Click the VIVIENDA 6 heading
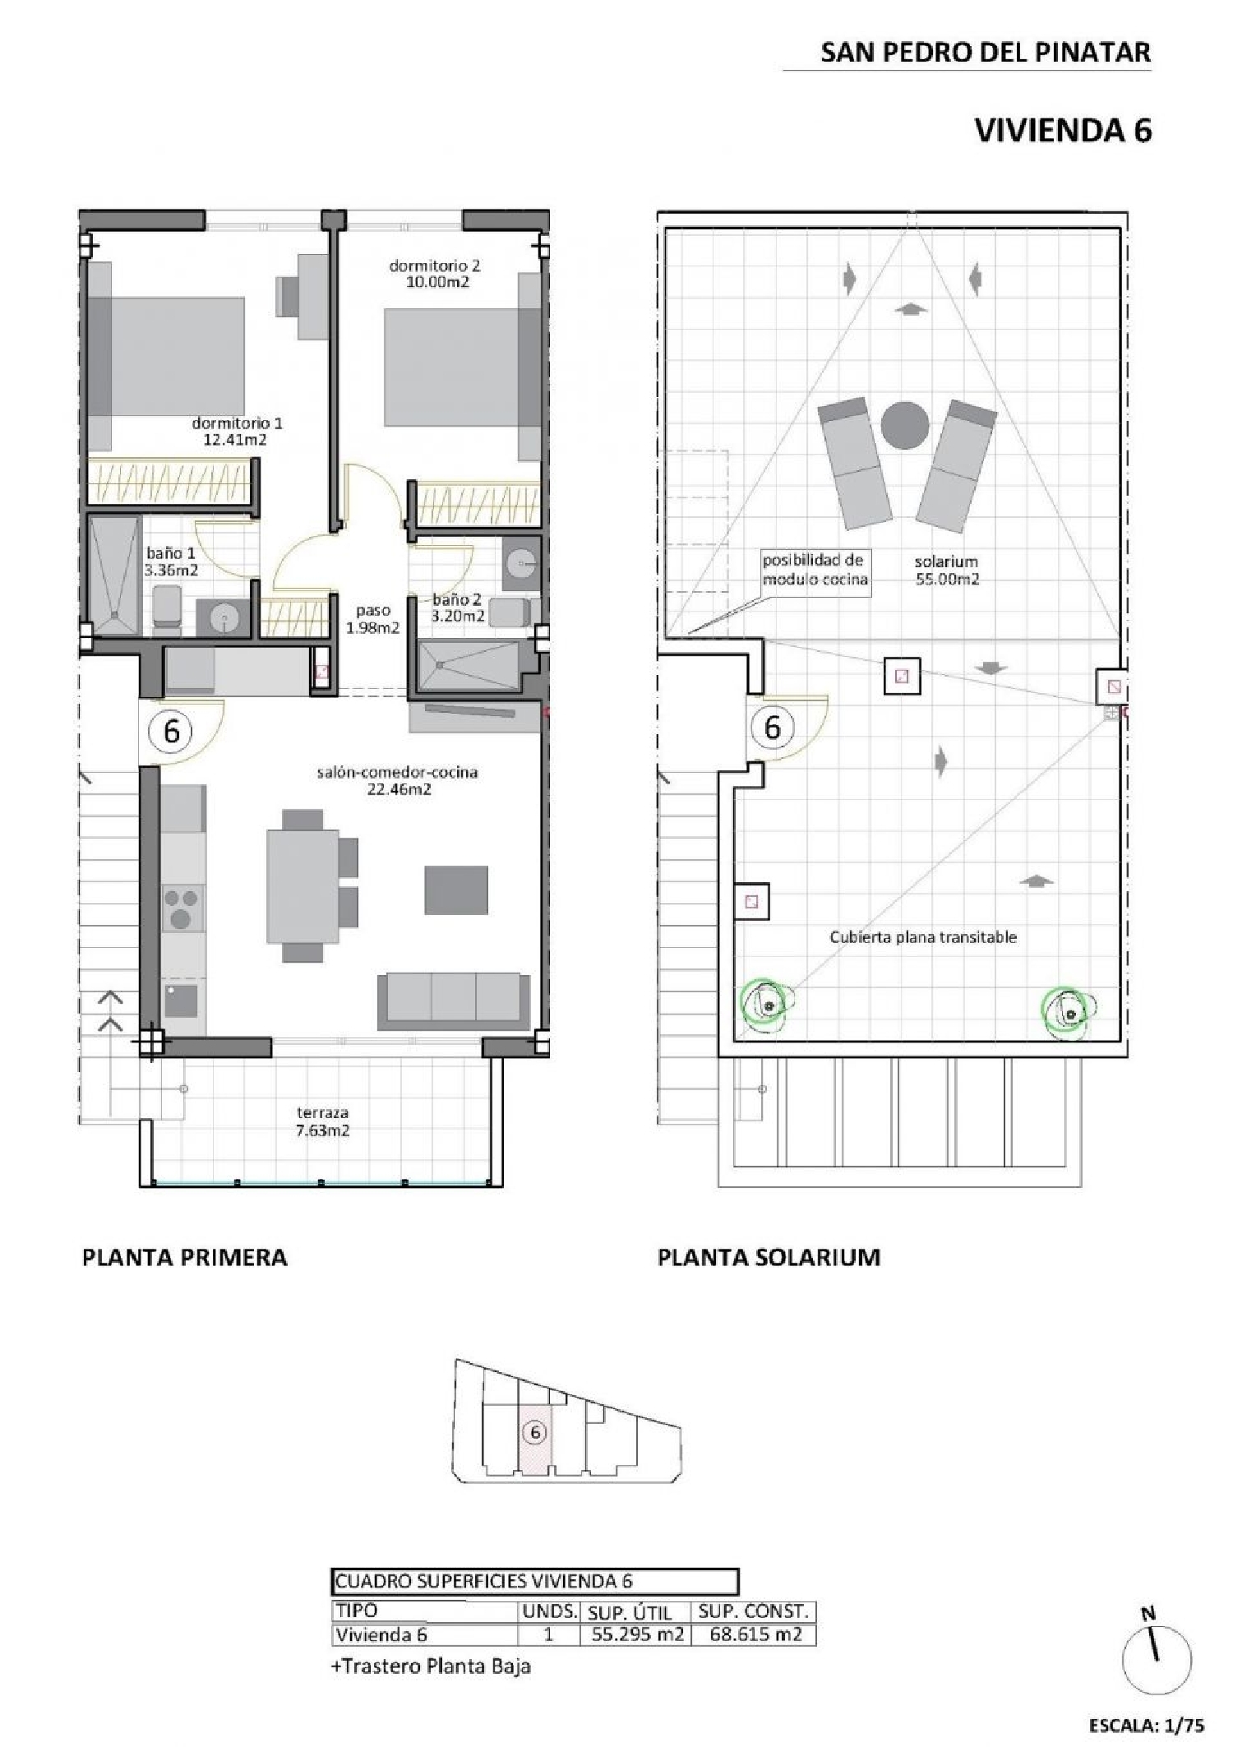pyautogui.click(x=1063, y=131)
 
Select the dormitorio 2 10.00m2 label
pyautogui.click(x=434, y=274)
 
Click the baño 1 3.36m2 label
pyautogui.click(x=171, y=562)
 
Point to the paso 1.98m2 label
pyautogui.click(x=372, y=619)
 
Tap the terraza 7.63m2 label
pyautogui.click(x=323, y=1121)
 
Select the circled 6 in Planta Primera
pyautogui.click(x=171, y=730)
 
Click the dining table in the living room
pyautogui.click(x=302, y=886)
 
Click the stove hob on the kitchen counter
pyautogui.click(x=182, y=908)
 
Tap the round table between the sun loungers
pyautogui.click(x=905, y=426)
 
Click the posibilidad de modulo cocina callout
pyautogui.click(x=815, y=569)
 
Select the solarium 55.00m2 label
pyautogui.click(x=947, y=570)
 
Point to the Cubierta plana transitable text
pyautogui.click(x=922, y=936)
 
